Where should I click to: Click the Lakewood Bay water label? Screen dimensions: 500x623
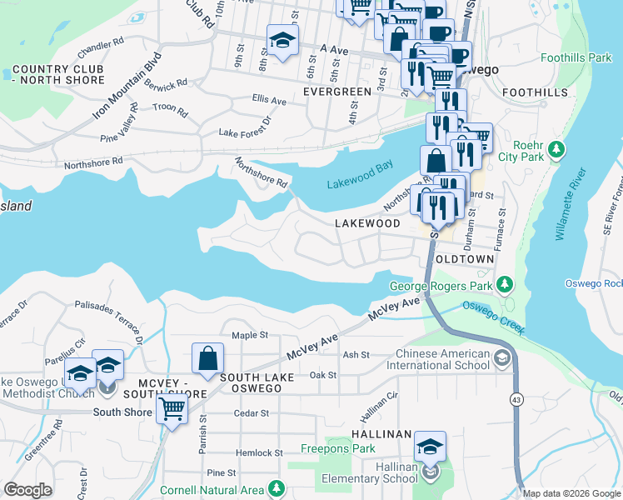[x=359, y=167]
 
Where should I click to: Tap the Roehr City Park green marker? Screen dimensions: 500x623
[x=556, y=150]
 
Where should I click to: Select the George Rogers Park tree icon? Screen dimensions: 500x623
[x=503, y=286]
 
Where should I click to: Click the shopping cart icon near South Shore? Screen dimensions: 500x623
[x=172, y=407]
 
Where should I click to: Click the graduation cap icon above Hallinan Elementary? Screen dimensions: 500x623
[x=430, y=446]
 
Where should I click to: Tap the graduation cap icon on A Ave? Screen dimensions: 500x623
[x=282, y=39]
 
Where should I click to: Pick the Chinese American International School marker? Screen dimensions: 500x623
[x=501, y=357]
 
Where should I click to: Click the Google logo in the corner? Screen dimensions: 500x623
[x=28, y=490]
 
